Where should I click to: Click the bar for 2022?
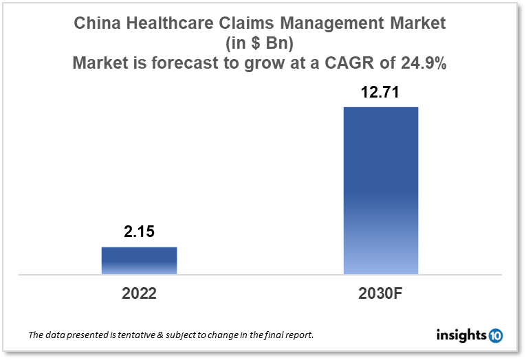(x=139, y=260)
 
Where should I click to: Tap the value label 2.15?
(x=139, y=232)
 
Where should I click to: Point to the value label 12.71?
(x=380, y=92)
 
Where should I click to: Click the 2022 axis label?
(x=139, y=293)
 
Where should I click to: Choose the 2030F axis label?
(x=380, y=293)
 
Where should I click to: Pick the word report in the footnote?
(x=297, y=335)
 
